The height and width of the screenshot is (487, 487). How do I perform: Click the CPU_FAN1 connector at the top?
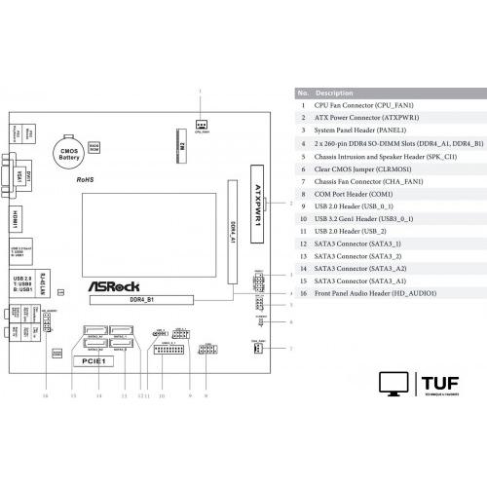(x=202, y=124)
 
